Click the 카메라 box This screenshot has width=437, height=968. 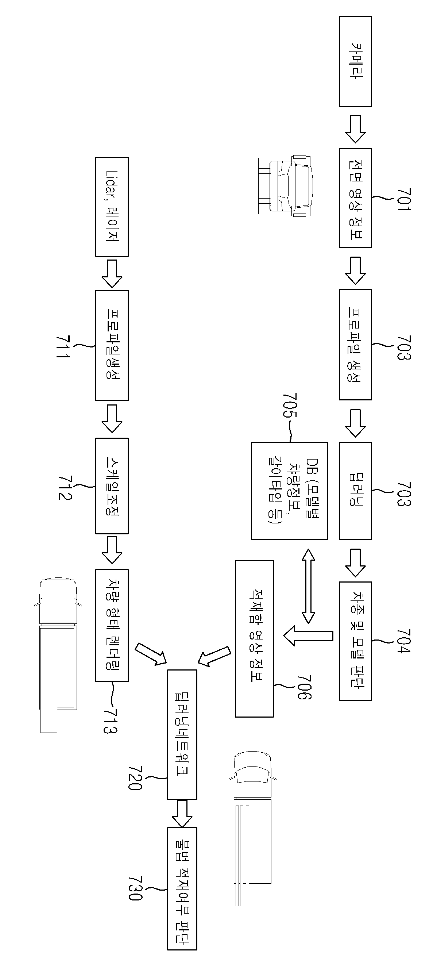[355, 62]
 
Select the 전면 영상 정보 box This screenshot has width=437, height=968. [355, 198]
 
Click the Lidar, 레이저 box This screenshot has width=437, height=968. [112, 207]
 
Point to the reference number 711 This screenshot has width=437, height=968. [63, 346]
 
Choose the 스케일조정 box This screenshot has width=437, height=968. [112, 486]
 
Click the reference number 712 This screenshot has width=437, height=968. [65, 488]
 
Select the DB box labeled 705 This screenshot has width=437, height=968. [290, 491]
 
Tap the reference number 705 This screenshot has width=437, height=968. [290, 406]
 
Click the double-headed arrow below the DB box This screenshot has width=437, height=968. [309, 586]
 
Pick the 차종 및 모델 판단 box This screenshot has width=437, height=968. [355, 641]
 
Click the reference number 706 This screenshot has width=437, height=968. [305, 687]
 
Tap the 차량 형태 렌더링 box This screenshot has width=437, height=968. [112, 626]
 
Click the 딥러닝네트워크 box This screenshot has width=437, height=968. [182, 735]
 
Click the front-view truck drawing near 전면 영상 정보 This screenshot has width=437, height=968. [285, 185]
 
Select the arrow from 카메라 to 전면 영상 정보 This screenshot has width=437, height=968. [355, 129]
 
